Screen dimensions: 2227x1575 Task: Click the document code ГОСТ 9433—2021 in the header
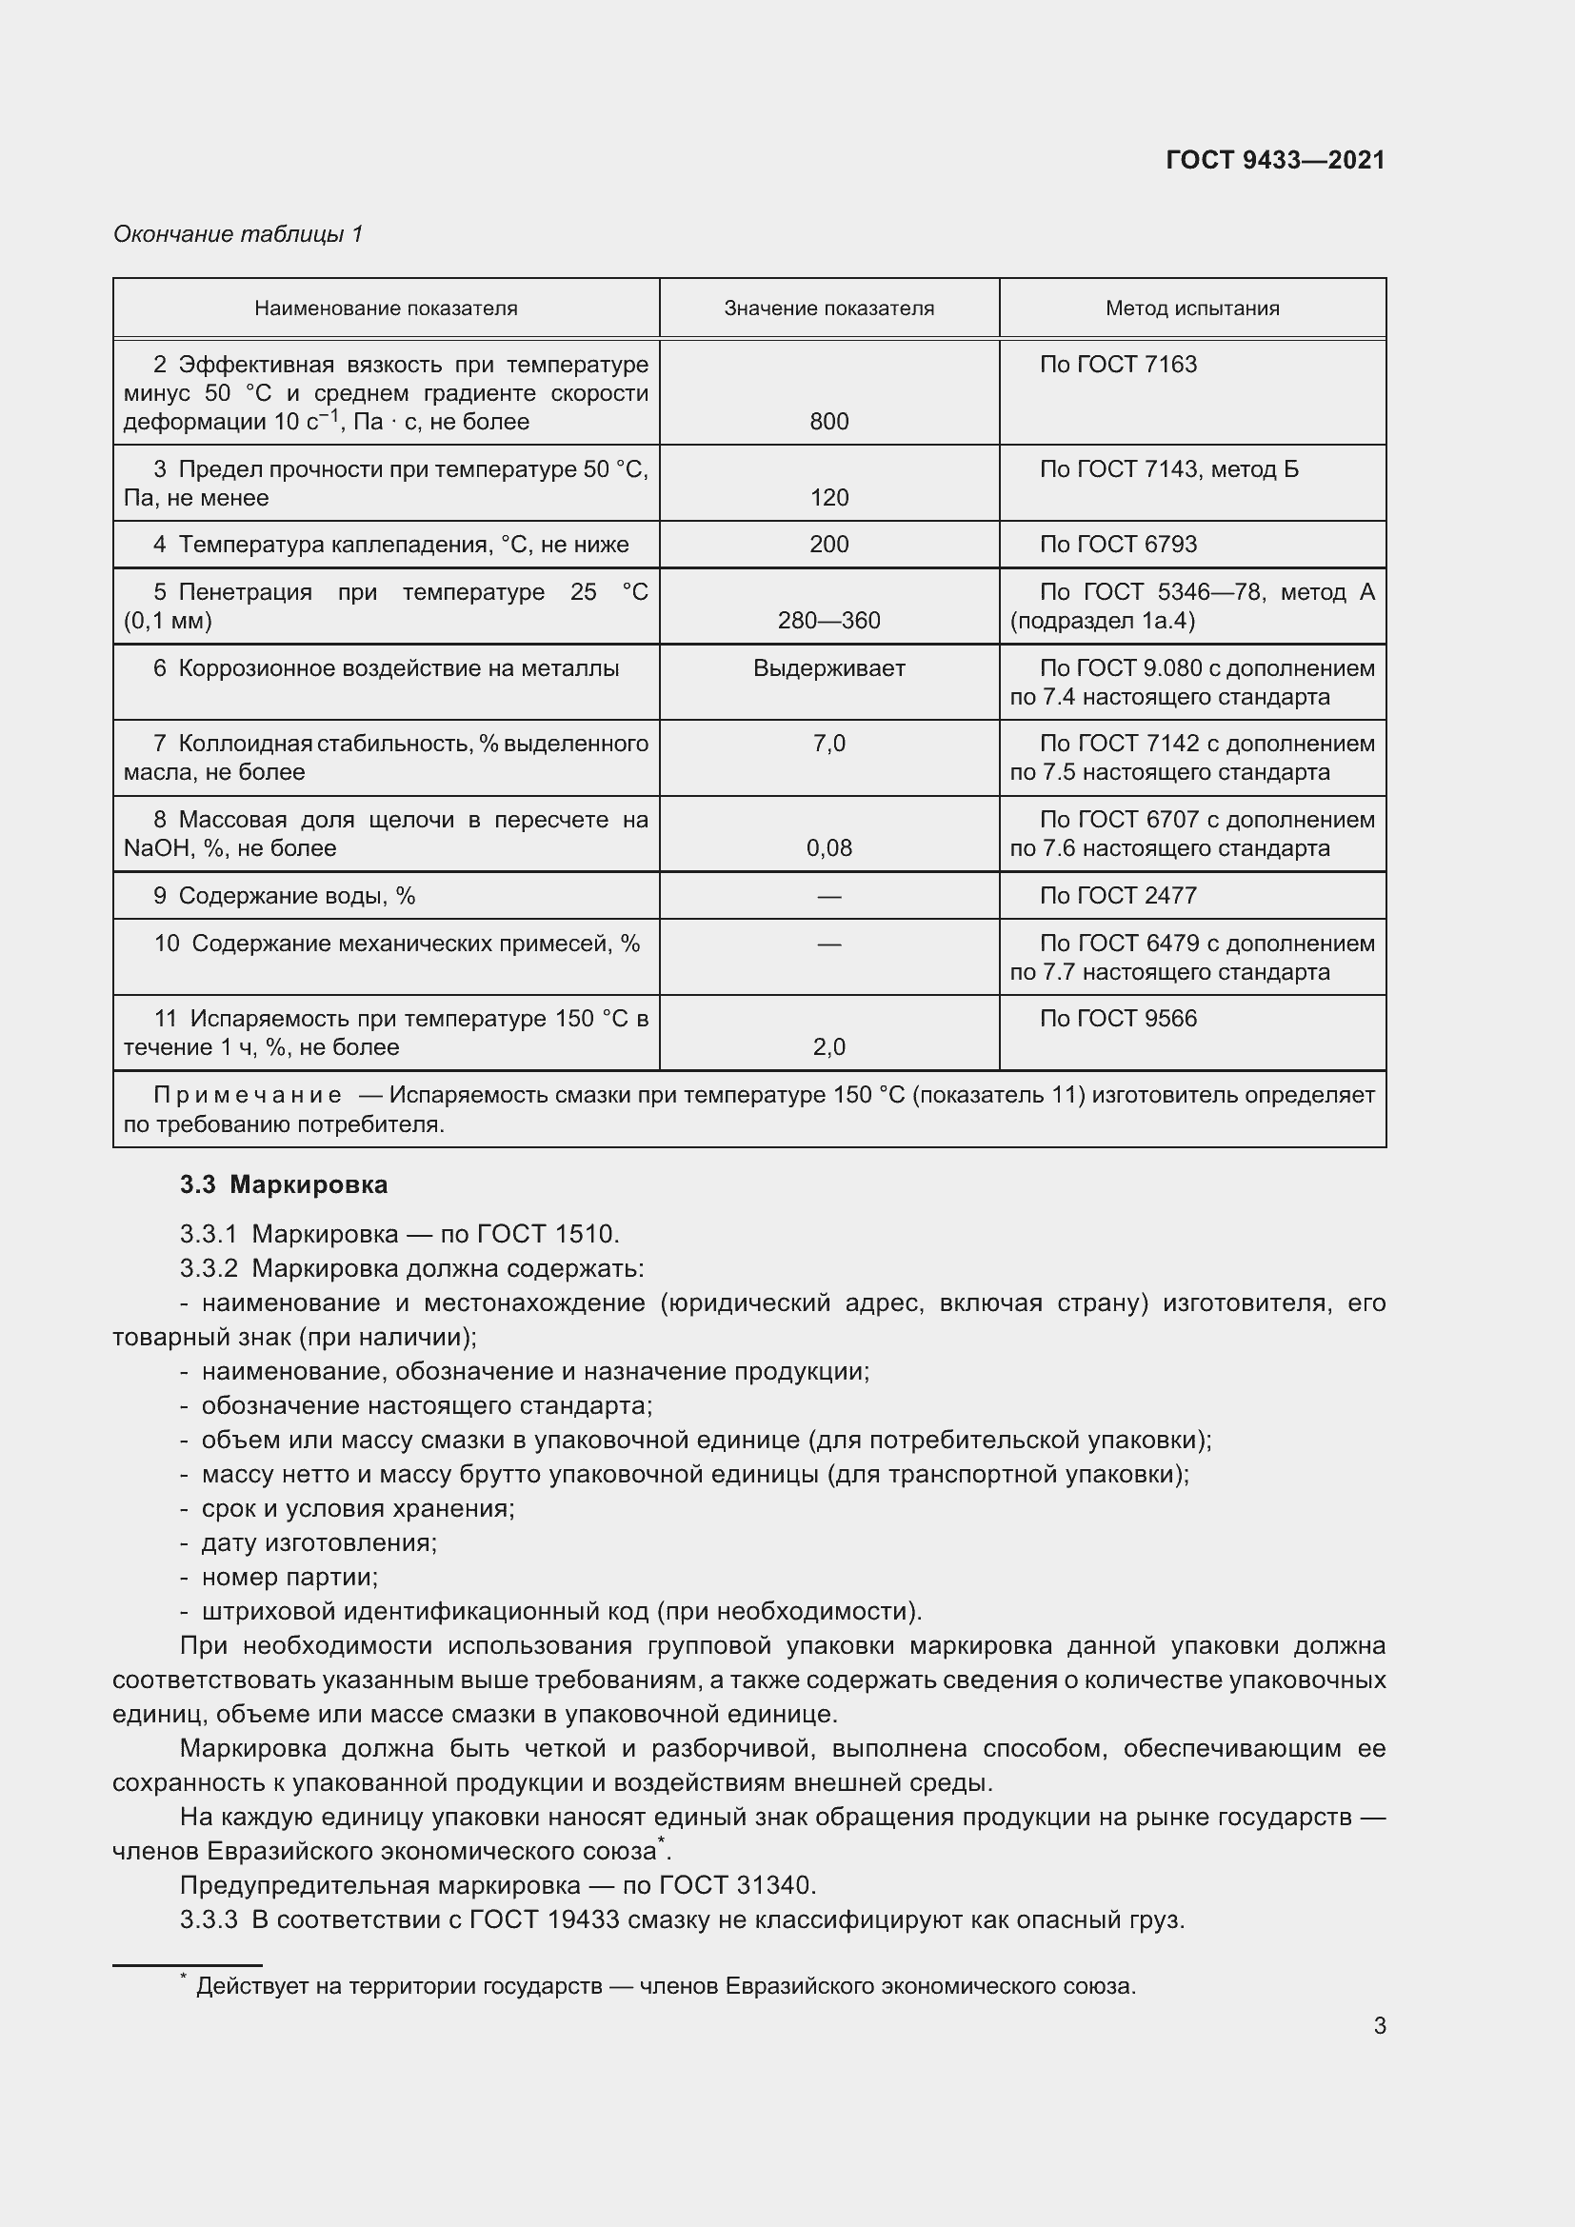click(1274, 160)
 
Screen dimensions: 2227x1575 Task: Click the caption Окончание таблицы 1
click(238, 234)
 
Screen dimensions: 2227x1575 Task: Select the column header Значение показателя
click(828, 308)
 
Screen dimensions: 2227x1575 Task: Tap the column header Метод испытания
click(1192, 308)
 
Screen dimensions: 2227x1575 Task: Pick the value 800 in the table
click(828, 422)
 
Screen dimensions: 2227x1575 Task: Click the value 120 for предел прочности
click(828, 498)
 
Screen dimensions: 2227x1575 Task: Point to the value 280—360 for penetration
click(828, 621)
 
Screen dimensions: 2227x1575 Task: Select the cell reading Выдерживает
click(828, 668)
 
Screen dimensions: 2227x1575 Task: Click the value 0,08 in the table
click(828, 848)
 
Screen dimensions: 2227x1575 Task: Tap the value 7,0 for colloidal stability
click(828, 744)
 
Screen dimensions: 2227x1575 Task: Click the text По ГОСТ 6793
click(1117, 545)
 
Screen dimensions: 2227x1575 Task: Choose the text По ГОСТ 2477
click(1117, 895)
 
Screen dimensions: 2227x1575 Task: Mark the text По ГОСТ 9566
click(1117, 1019)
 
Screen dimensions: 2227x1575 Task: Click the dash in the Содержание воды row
click(828, 896)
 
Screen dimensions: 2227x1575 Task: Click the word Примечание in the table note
click(248, 1095)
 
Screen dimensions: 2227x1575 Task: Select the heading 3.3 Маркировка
click(283, 1184)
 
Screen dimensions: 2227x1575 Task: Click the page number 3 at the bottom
click(1379, 2025)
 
